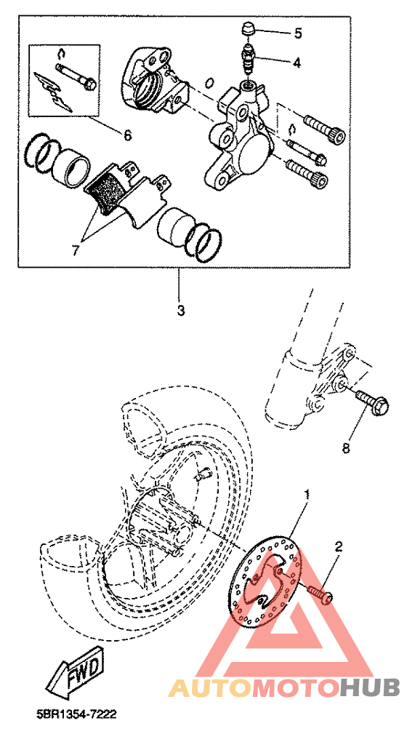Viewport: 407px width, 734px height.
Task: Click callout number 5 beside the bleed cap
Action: [x=298, y=33]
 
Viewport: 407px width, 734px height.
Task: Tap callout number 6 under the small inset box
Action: [x=128, y=135]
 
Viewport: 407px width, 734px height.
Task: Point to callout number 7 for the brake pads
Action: [x=76, y=250]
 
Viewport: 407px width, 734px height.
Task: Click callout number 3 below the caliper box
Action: [x=181, y=311]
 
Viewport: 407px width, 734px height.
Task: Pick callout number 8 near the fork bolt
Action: [x=346, y=448]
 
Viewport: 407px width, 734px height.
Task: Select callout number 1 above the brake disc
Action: [x=307, y=495]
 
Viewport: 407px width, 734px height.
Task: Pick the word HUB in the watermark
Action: [x=369, y=687]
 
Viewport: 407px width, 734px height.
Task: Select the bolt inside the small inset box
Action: [x=76, y=76]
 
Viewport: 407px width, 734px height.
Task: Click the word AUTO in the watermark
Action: [x=210, y=687]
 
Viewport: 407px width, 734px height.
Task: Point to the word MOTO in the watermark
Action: [x=296, y=687]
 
